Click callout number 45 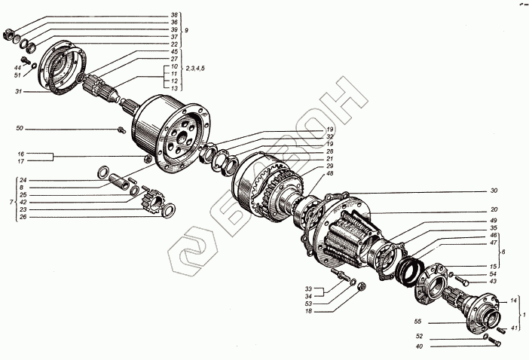tap(174, 52)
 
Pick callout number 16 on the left tap(23, 153)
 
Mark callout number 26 tap(23, 217)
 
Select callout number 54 tap(492, 273)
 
